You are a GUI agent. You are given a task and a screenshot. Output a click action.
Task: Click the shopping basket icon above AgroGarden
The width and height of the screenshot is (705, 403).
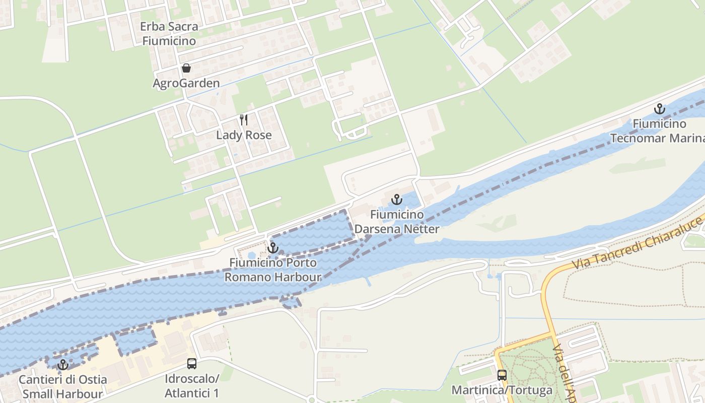click(x=186, y=68)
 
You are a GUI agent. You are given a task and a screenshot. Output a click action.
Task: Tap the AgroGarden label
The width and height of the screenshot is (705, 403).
click(x=186, y=83)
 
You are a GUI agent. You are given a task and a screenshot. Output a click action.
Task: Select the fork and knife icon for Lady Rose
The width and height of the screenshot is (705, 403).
click(x=244, y=120)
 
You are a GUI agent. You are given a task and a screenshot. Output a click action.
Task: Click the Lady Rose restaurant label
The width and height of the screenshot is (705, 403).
click(x=244, y=135)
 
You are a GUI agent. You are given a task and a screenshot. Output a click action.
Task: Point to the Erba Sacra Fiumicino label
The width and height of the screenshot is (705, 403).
click(x=169, y=34)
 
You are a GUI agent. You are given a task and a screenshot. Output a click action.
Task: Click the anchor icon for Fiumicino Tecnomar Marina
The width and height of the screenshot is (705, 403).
click(x=659, y=109)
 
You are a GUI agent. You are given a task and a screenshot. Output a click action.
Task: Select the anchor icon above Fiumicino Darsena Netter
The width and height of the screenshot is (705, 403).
click(x=397, y=199)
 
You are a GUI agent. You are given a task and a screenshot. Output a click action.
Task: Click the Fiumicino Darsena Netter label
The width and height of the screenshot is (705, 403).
click(x=397, y=222)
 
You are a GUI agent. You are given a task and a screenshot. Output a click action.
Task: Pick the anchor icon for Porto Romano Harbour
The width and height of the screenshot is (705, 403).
click(x=272, y=248)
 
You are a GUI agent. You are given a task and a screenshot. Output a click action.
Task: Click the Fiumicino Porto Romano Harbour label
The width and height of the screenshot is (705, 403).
click(x=273, y=270)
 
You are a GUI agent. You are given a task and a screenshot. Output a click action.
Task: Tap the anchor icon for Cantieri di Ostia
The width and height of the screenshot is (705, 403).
click(x=63, y=364)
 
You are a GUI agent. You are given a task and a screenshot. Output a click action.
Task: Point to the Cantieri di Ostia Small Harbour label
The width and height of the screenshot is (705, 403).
click(x=63, y=386)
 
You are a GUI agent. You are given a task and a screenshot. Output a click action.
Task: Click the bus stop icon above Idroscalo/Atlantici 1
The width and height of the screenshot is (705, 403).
click(x=192, y=364)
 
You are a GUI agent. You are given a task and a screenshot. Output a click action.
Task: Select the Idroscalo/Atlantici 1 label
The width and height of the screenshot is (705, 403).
click(x=192, y=385)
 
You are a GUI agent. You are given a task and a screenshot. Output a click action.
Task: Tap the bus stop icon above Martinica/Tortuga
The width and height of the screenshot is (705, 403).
click(x=502, y=375)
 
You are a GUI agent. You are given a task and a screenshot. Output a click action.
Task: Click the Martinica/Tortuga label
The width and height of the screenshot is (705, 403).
click(x=502, y=390)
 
